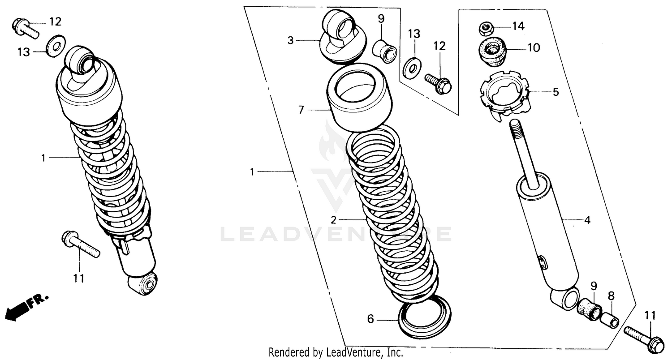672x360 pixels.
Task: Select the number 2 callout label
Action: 333,220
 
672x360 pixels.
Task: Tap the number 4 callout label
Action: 587,220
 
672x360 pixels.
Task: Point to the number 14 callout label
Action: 518,26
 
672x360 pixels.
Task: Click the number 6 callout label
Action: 370,319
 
